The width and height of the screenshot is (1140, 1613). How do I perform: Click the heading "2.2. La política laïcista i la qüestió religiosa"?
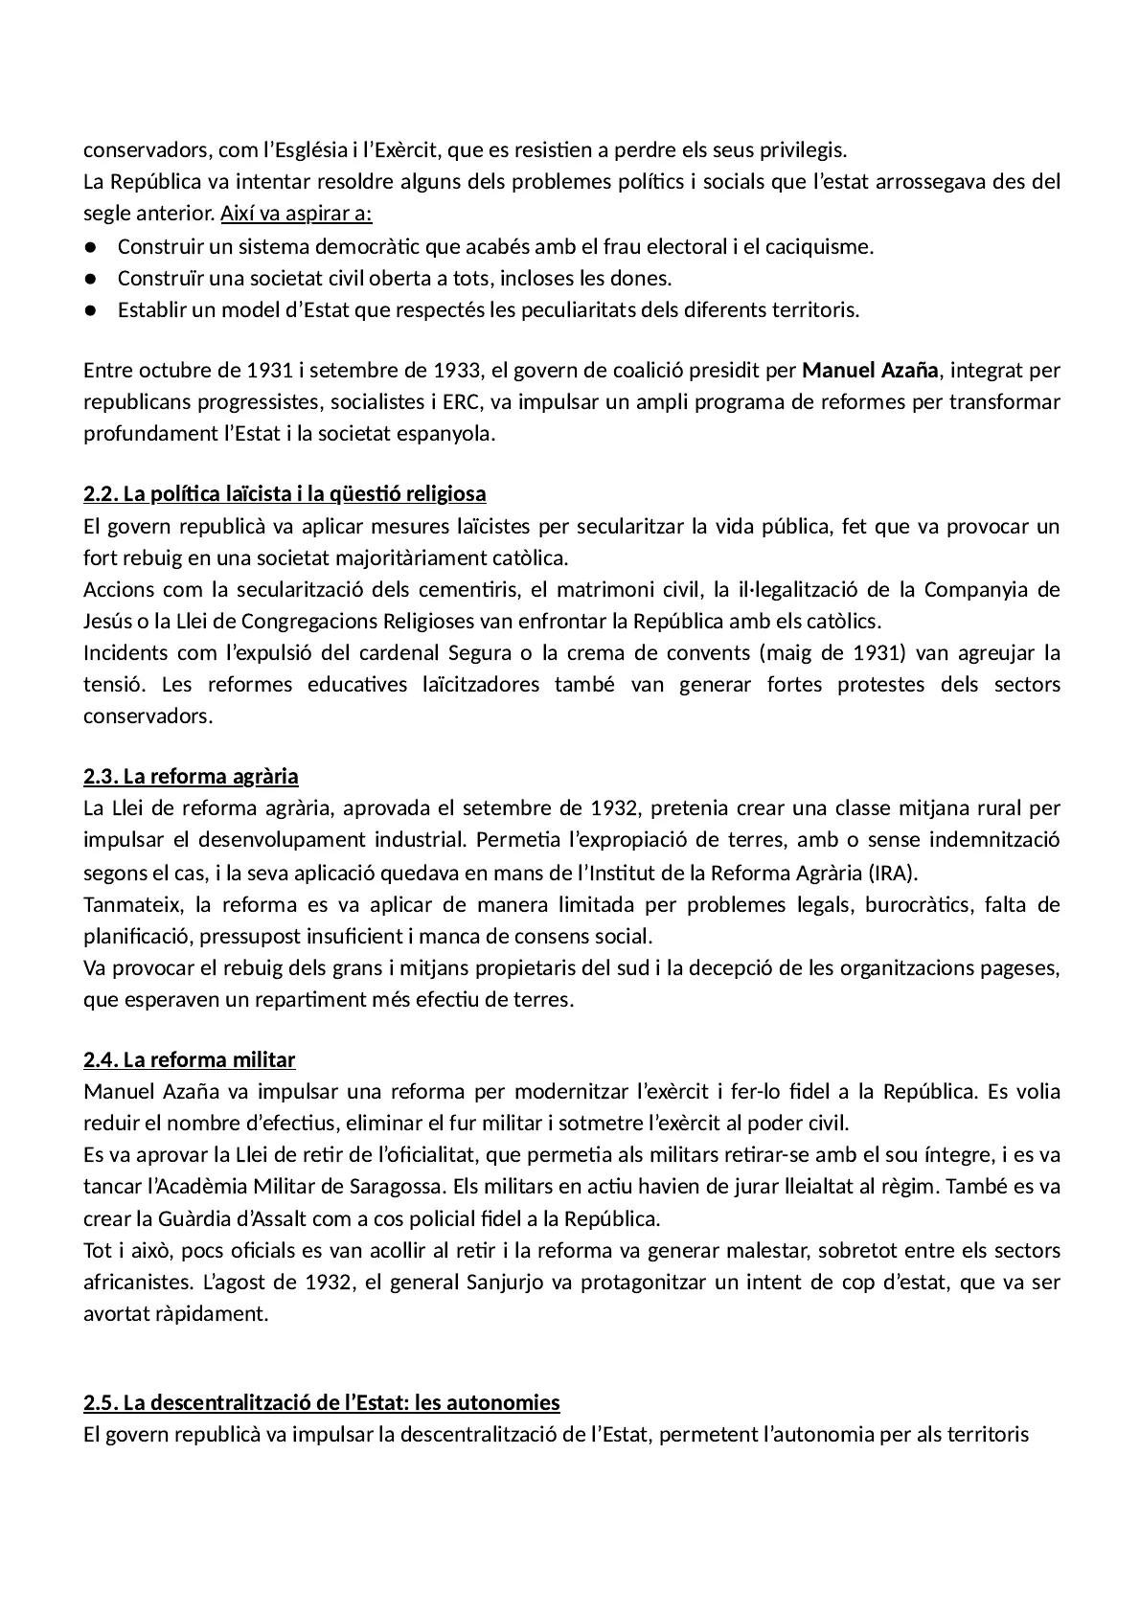point(285,494)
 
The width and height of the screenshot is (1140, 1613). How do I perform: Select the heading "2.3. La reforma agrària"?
point(191,776)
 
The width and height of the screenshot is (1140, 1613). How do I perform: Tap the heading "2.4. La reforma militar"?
point(189,1059)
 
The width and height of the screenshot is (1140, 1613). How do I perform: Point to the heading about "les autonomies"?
point(321,1403)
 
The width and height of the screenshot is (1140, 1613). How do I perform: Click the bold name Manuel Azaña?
point(870,371)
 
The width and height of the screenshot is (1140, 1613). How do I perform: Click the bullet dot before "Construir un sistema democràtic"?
point(89,247)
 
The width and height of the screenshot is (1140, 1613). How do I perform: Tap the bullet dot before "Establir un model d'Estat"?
point(89,310)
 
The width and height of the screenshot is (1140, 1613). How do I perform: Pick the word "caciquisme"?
point(823,247)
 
